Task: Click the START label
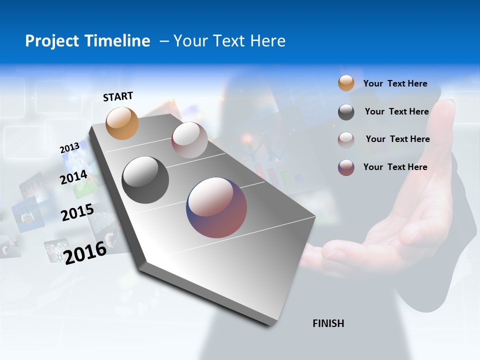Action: coord(118,96)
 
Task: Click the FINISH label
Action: coord(328,323)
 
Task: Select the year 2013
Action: coord(69,148)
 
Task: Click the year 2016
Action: coord(85,252)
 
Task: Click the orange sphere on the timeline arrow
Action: coord(122,123)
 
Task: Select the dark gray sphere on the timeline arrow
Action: coord(145,180)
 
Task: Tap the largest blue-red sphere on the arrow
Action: coord(216,207)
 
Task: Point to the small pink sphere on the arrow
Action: coord(189,140)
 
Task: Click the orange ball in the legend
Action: coord(346,83)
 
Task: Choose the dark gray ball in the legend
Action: coord(346,112)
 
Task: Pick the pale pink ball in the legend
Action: coord(346,140)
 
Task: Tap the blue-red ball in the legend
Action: coord(346,167)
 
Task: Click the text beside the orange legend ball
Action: coord(395,83)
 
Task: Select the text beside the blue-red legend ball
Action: coord(395,167)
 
